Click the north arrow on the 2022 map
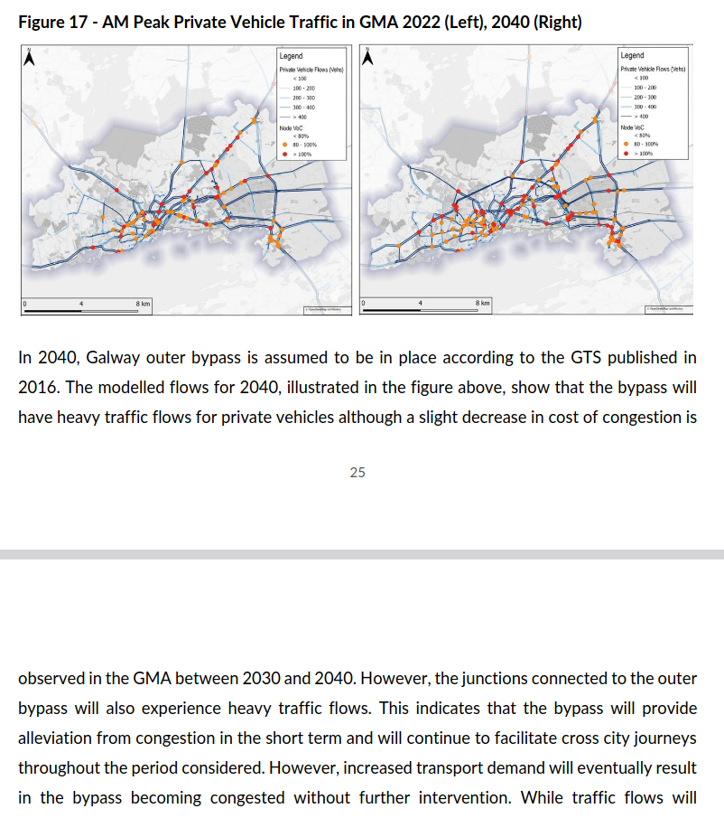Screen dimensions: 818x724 pyautogui.click(x=29, y=57)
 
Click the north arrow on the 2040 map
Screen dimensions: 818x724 pyautogui.click(x=367, y=57)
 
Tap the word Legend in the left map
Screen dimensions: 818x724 pyautogui.click(x=291, y=57)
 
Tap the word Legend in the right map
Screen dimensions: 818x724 pyautogui.click(x=633, y=55)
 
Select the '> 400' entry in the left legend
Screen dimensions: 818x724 pyautogui.click(x=302, y=117)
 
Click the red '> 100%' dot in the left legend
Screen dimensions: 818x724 pyautogui.click(x=284, y=155)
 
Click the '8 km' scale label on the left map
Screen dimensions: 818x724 pyautogui.click(x=143, y=302)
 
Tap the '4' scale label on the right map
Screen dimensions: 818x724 pyautogui.click(x=420, y=302)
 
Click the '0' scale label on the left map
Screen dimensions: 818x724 pyautogui.click(x=25, y=302)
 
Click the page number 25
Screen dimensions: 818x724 pyautogui.click(x=357, y=472)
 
